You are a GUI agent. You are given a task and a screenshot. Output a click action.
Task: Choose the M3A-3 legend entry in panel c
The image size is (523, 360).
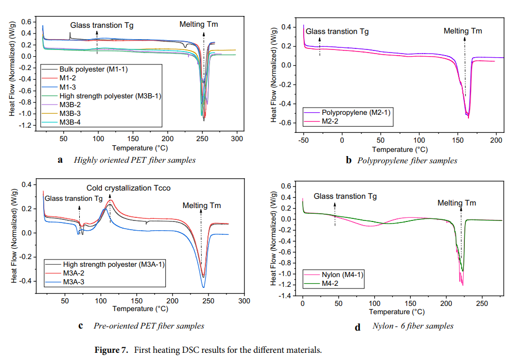[74, 282]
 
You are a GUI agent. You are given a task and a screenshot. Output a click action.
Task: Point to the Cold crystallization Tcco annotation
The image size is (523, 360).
[128, 188]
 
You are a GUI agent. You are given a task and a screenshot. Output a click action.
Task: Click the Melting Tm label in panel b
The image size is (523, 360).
[463, 31]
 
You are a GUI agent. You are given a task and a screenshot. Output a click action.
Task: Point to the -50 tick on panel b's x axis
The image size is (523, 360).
[303, 140]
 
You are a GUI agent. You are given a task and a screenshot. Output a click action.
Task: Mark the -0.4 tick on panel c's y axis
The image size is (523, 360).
[24, 281]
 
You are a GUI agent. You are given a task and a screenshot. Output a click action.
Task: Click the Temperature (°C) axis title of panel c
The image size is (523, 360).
[141, 309]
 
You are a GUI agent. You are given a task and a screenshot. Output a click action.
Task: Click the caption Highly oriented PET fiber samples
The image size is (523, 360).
[134, 160]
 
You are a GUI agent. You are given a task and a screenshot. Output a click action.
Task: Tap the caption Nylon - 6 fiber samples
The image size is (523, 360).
[413, 326]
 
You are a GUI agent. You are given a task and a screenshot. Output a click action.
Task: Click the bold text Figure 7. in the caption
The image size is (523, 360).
[111, 350]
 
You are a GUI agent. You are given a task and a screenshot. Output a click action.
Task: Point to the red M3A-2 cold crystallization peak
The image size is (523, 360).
[110, 200]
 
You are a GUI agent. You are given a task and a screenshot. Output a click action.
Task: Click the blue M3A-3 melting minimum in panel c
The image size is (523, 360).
[203, 287]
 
